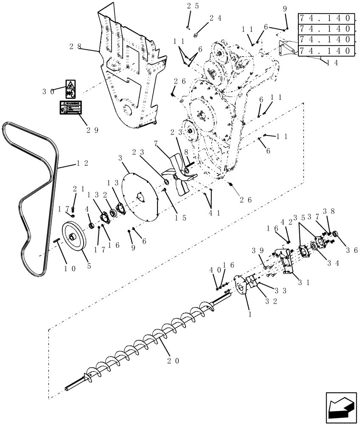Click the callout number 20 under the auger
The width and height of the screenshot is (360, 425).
tap(173, 361)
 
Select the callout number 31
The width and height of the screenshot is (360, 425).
tap(304, 281)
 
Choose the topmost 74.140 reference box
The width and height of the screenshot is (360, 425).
tap(326, 18)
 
